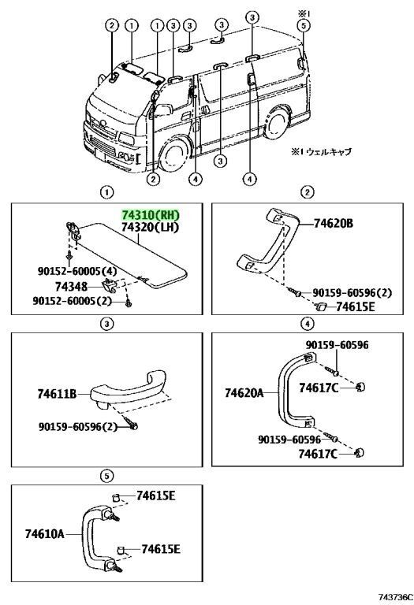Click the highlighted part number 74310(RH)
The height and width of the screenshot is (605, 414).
pyautogui.click(x=151, y=215)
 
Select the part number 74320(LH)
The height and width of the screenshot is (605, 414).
pyautogui.click(x=151, y=228)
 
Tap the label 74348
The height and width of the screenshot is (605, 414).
pyautogui.click(x=71, y=287)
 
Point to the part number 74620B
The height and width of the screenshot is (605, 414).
pyautogui.click(x=334, y=224)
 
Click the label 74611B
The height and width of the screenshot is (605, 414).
pyautogui.click(x=57, y=394)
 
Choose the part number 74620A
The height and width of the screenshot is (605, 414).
pyautogui.click(x=244, y=393)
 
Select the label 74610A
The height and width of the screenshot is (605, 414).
pyautogui.click(x=45, y=534)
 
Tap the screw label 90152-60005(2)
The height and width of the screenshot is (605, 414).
pyautogui.click(x=73, y=301)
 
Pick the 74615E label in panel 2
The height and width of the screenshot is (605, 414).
pyautogui.click(x=356, y=306)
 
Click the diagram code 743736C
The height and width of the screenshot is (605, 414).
pyautogui.click(x=395, y=598)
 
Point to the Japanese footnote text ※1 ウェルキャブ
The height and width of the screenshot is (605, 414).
pyautogui.click(x=321, y=152)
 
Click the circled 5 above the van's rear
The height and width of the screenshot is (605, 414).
pyautogui.click(x=304, y=25)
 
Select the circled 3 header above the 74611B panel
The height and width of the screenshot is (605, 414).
pyautogui.click(x=107, y=323)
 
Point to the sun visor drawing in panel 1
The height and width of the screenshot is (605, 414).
pyautogui.click(x=128, y=254)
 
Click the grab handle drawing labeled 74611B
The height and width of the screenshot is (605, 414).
pyautogui.click(x=124, y=390)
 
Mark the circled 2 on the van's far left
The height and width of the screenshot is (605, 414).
pyautogui.click(x=112, y=25)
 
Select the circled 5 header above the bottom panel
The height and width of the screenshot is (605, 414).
pyautogui.click(x=107, y=476)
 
